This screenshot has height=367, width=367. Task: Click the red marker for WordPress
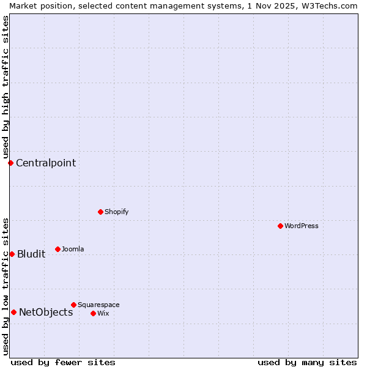pos(280,226)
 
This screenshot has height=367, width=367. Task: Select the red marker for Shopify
pos(100,212)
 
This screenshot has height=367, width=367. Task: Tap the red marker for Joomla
pos(57,249)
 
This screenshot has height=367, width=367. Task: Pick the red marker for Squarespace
pos(73,305)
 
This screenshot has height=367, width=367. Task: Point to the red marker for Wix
pos(93,313)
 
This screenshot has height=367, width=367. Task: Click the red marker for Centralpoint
pos(10,163)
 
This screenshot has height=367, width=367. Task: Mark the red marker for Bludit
pos(12,254)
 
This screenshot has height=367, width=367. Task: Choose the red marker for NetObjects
pos(13,312)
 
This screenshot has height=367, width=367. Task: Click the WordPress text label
pos(302,226)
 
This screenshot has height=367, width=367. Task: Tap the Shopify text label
pos(116,212)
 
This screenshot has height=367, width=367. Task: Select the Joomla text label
pos(73,249)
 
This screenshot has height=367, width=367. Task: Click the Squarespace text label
pos(98,305)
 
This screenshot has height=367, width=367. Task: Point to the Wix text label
pos(103,313)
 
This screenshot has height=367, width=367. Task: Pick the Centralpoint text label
pos(46,163)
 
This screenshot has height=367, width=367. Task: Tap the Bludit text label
pos(31,254)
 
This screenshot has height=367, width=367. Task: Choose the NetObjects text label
pos(46,312)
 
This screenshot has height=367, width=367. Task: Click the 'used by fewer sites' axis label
pos(63,362)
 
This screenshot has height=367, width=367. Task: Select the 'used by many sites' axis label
pos(307,362)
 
